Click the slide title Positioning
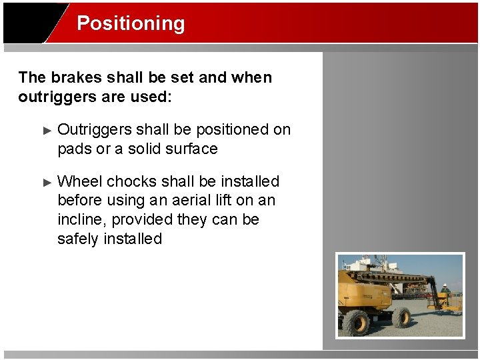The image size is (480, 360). (x=131, y=23)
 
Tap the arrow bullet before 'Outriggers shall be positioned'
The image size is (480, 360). (x=47, y=130)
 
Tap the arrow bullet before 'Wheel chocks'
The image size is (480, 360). (x=47, y=182)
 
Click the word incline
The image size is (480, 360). (x=82, y=219)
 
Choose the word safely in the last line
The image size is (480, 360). (x=78, y=239)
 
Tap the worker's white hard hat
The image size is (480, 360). (x=445, y=287)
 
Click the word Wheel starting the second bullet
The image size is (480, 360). (x=80, y=181)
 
